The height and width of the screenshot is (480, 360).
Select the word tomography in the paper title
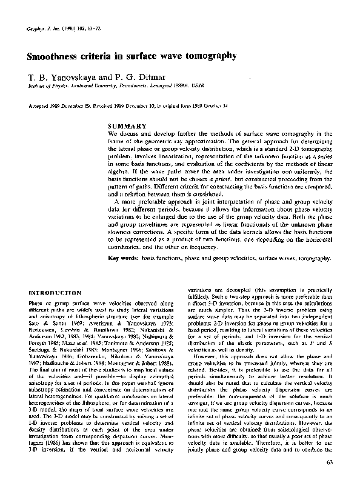click(x=209, y=56)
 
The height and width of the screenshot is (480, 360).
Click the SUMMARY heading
click(x=125, y=126)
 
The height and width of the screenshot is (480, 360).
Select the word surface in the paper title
click(x=144, y=56)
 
